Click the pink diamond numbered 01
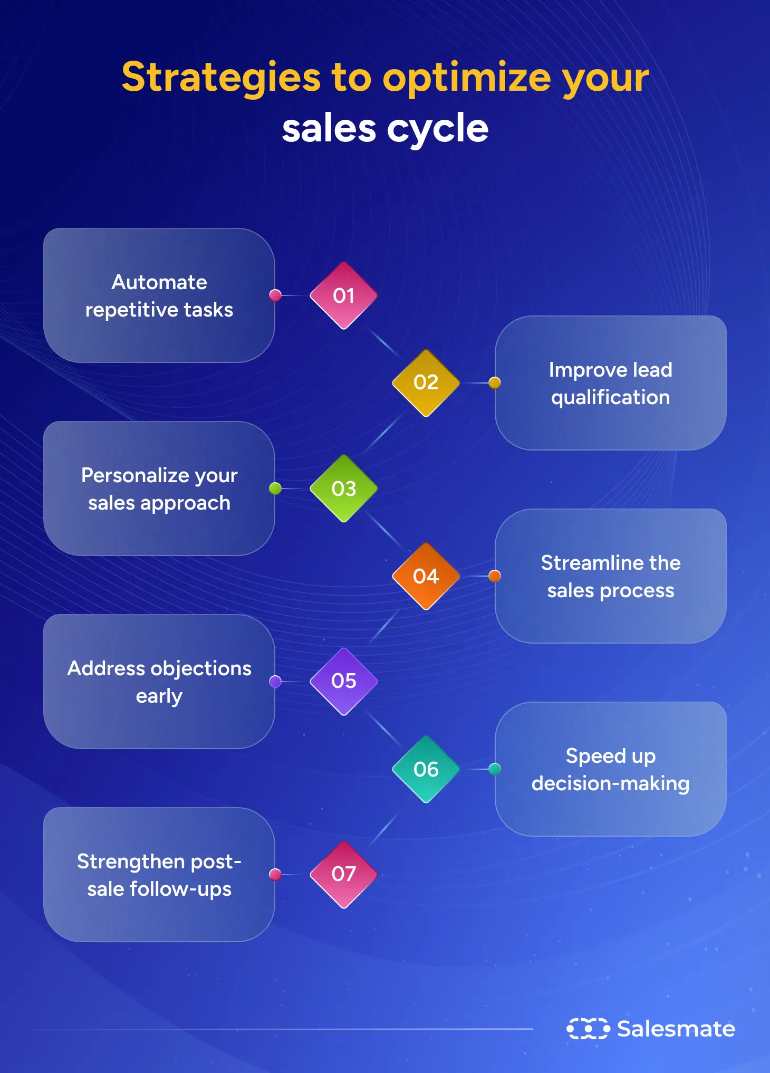[343, 295]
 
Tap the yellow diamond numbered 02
[426, 382]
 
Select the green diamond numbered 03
[343, 488]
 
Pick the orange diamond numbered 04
[426, 576]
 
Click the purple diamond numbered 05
[343, 681]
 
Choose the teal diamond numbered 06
[426, 769]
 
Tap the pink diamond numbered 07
[343, 874]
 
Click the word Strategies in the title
[220, 78]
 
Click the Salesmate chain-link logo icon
[588, 1029]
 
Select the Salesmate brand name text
[676, 1029]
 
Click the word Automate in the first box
[159, 282]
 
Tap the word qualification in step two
[610, 397]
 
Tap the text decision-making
[610, 784]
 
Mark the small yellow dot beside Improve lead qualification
[494, 382]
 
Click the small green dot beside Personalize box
[275, 488]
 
